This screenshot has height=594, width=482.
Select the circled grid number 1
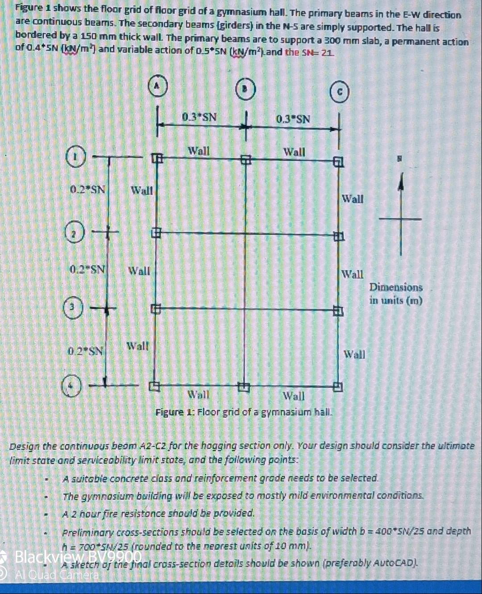pos(76,157)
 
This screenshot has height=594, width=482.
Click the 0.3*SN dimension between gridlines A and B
pos(200,118)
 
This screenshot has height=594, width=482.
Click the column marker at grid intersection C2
pos(338,236)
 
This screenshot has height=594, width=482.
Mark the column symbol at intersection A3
pos(154,308)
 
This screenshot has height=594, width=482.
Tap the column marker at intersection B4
pos(244,386)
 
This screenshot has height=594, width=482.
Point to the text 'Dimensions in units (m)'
pos(396,294)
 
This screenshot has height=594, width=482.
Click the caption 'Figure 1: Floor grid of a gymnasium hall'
pos(244,412)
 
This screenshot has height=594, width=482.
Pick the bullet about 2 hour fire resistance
pos(159,513)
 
